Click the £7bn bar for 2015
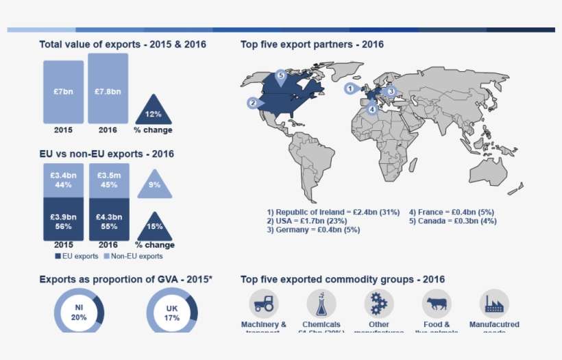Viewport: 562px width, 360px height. (x=63, y=92)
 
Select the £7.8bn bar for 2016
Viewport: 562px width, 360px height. (x=108, y=89)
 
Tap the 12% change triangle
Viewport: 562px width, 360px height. (x=154, y=111)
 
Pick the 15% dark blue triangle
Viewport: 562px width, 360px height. (x=154, y=228)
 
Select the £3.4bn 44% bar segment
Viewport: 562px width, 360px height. (x=63, y=180)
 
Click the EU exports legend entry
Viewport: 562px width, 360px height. (x=76, y=256)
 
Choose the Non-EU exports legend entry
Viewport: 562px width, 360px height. (x=133, y=256)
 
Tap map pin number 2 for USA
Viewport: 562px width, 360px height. (x=253, y=103)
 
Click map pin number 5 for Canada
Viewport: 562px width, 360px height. (x=280, y=75)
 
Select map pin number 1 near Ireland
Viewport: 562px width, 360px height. (x=350, y=88)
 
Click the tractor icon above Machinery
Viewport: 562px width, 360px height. (x=263, y=303)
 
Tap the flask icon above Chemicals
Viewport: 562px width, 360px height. (x=321, y=303)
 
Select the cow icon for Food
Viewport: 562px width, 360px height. (x=436, y=303)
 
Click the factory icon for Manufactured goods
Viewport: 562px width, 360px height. (x=494, y=303)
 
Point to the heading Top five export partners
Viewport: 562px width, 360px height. (x=312, y=45)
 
